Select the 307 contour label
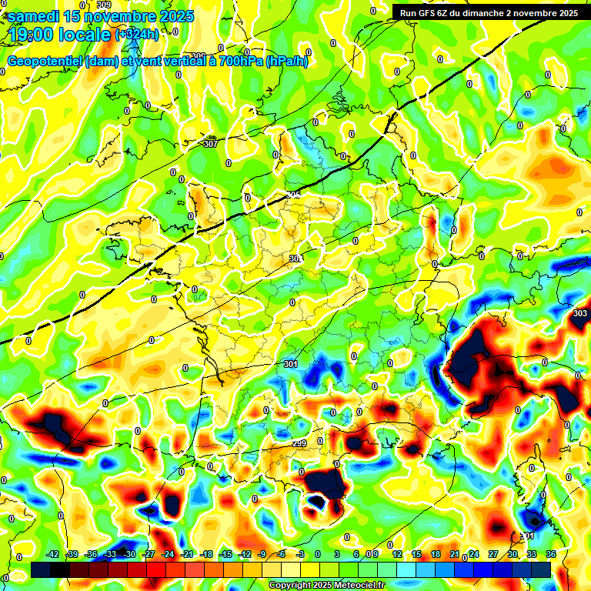click(x=211, y=144)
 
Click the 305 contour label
click(x=292, y=195)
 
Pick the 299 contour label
click(x=300, y=444)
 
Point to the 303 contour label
click(x=580, y=313)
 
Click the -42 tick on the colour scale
click(x=53, y=554)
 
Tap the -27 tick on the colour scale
click(x=149, y=554)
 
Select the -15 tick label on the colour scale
click(x=225, y=554)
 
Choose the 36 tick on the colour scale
click(x=550, y=554)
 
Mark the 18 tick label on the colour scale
click(x=435, y=554)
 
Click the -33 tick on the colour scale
click(x=110, y=554)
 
